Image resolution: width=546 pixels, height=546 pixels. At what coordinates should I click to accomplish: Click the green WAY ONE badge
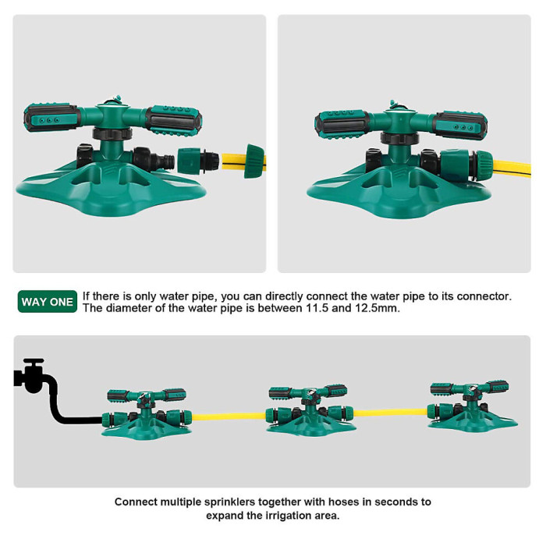[47, 302]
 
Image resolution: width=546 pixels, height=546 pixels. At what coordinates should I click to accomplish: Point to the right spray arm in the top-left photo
[173, 119]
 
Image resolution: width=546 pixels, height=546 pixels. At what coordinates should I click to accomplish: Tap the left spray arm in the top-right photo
[344, 122]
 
